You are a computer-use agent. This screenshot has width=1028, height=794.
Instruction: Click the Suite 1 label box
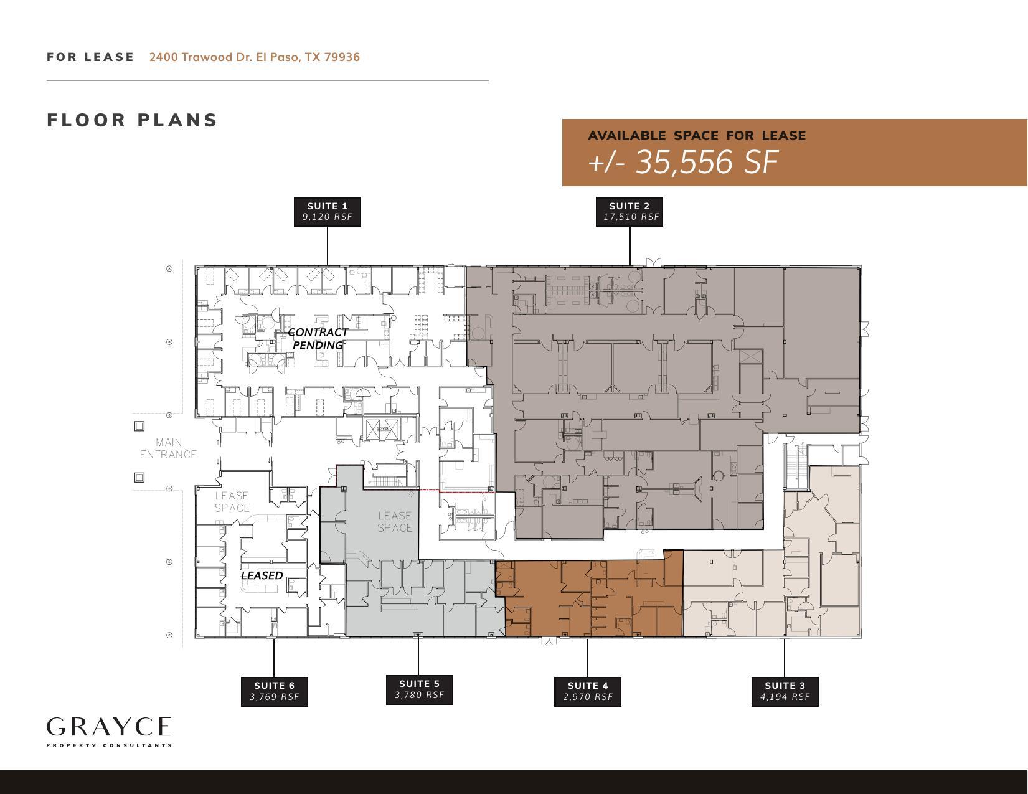(327, 211)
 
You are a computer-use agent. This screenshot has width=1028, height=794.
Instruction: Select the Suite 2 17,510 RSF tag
(630, 211)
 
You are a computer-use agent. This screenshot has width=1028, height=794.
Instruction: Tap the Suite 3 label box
(785, 691)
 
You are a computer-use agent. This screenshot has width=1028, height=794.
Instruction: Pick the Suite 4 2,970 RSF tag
(587, 691)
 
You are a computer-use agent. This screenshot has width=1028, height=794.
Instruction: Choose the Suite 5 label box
(419, 689)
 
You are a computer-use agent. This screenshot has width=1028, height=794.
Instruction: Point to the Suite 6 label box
(274, 691)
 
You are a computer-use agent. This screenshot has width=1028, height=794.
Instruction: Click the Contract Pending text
(318, 339)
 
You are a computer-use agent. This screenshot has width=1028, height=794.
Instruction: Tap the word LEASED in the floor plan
(262, 575)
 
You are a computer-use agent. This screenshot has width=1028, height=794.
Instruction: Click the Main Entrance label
(168, 448)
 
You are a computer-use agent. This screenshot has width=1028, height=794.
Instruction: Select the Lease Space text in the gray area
(395, 522)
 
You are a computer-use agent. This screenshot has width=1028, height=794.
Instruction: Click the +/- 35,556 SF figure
(682, 162)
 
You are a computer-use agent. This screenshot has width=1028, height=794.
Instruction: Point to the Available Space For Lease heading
(696, 136)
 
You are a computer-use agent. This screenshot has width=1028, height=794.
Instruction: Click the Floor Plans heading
(132, 120)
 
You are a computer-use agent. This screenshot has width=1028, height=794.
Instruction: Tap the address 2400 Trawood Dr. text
(254, 57)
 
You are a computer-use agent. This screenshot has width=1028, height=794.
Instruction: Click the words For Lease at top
(90, 57)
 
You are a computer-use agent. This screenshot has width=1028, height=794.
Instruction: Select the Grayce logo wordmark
(109, 727)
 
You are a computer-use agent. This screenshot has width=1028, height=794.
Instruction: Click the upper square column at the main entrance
(139, 426)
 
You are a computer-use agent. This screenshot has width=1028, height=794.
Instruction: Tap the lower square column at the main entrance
(139, 477)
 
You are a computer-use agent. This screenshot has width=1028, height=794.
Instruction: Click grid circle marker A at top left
(169, 268)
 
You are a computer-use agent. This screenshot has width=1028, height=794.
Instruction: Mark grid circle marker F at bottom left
(169, 635)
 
